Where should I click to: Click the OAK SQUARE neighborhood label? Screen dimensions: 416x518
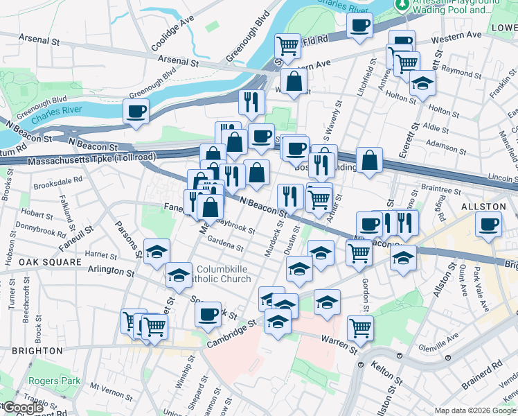tap(31, 261)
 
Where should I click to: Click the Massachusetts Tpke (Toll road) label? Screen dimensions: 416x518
tap(83, 161)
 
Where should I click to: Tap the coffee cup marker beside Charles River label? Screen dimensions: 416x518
tap(136, 111)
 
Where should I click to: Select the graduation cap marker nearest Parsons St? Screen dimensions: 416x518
tap(157, 251)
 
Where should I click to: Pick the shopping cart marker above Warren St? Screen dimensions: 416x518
tap(360, 327)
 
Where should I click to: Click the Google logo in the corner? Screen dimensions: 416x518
tap(23, 408)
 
